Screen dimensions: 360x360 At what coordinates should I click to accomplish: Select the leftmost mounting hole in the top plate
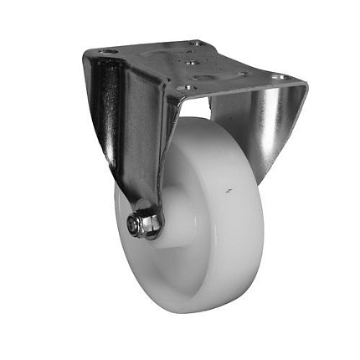[x=107, y=51]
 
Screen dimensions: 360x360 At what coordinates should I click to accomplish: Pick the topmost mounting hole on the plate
[x=194, y=43]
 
